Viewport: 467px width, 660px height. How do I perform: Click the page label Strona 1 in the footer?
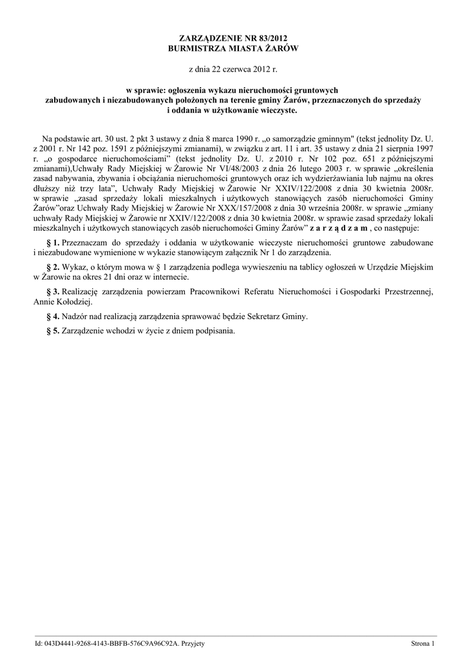pos(424,643)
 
